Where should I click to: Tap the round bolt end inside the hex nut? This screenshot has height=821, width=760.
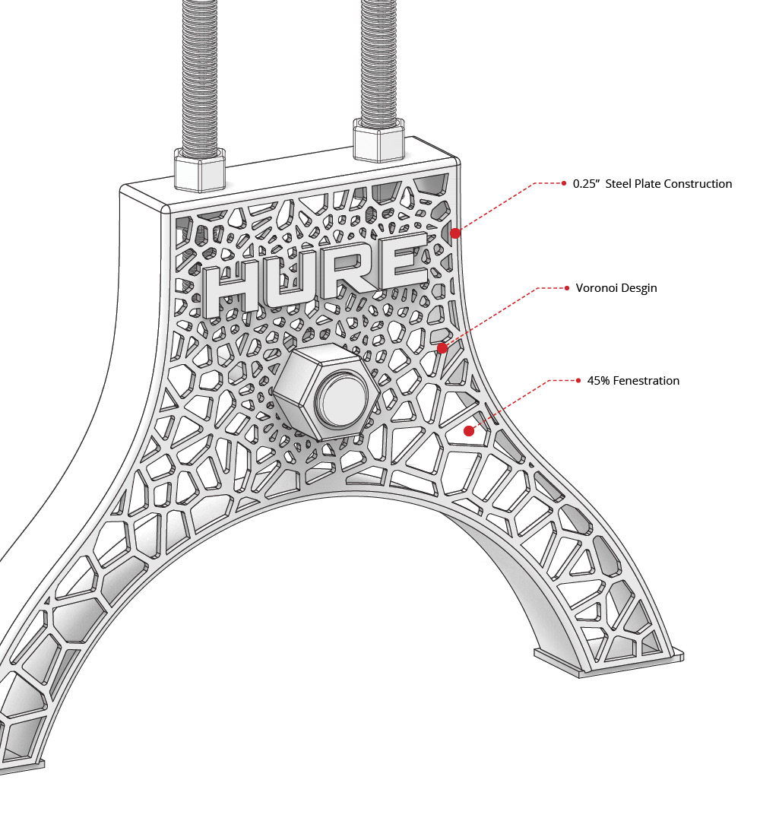click(340, 398)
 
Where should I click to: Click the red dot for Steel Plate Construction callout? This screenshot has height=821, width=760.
click(455, 233)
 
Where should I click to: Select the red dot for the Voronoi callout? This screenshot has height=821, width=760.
click(442, 348)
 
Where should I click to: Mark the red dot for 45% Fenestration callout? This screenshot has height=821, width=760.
click(469, 431)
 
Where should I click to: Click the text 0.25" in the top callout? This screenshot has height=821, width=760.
click(587, 184)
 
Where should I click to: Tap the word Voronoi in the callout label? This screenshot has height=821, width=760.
click(598, 289)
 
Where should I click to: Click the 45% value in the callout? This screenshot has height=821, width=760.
click(598, 381)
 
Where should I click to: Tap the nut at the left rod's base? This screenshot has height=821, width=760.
click(201, 169)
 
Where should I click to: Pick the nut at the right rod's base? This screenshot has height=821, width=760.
click(378, 140)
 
